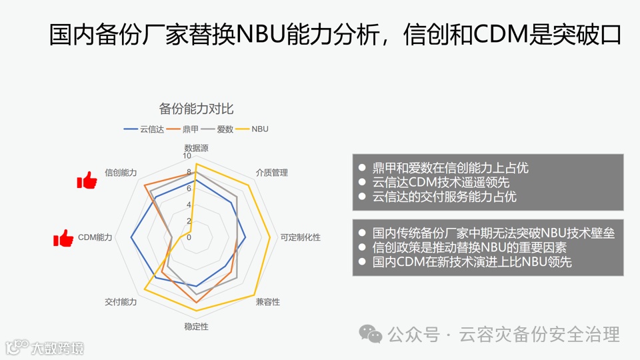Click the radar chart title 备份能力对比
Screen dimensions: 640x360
(x=196, y=109)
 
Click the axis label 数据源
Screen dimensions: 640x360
(x=196, y=147)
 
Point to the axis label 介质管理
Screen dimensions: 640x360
(x=271, y=173)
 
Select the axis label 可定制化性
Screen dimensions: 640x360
(x=300, y=237)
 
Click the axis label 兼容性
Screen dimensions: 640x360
(x=268, y=302)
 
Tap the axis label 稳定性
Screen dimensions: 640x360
(x=196, y=327)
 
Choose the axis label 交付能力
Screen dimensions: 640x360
(x=121, y=302)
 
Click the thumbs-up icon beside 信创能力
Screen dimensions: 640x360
(x=87, y=179)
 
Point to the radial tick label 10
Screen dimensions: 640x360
(x=187, y=156)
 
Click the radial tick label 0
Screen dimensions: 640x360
(x=189, y=237)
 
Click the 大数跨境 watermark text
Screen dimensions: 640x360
(x=57, y=347)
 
